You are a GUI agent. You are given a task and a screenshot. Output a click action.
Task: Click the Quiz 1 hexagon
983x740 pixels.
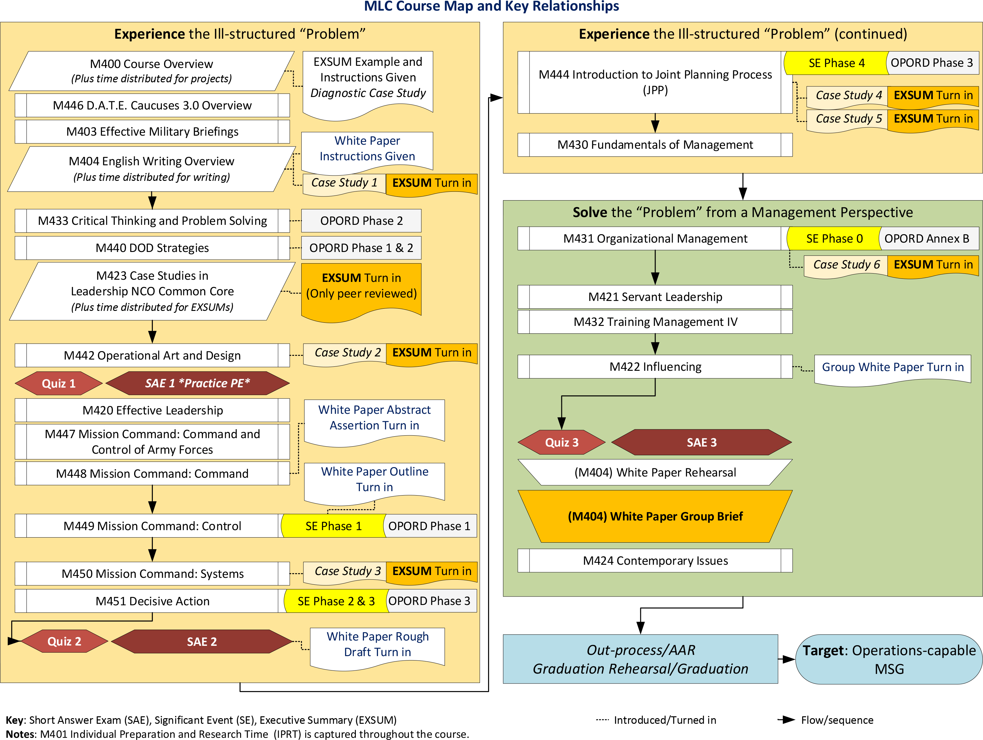pos(59,383)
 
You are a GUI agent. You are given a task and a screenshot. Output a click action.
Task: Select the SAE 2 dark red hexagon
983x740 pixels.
pos(202,641)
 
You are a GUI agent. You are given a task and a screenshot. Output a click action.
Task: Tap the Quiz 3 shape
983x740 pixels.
pos(562,442)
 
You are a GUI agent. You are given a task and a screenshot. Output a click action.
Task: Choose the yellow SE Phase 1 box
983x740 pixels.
pos(333,526)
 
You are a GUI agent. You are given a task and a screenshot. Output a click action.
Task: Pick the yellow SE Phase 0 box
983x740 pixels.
pos(834,239)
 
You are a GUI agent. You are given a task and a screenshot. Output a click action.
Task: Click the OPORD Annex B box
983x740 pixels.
pos(927,239)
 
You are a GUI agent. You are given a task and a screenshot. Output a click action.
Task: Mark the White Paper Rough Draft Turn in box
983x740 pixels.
pos(377,645)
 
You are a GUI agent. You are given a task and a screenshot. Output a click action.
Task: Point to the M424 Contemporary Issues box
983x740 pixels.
pos(655,560)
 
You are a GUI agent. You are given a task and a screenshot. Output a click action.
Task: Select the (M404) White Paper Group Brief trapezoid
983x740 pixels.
pos(655,516)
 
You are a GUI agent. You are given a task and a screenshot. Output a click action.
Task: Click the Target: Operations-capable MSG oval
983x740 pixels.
pos(889,659)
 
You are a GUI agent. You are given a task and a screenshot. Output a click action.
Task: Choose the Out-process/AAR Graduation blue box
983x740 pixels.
pos(640,659)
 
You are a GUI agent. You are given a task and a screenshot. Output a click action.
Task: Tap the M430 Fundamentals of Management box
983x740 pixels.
pos(655,145)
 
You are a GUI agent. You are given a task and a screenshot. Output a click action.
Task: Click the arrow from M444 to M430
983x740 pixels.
pos(655,123)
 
